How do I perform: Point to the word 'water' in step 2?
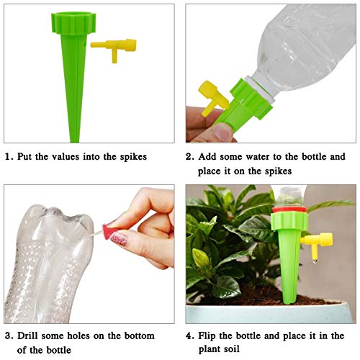pyautogui.click(x=266, y=156)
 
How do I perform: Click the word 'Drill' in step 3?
pyautogui.click(x=32, y=336)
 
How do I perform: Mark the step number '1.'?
pyautogui.click(x=8, y=156)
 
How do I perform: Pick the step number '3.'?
pyautogui.click(x=8, y=336)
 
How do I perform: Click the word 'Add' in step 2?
pyautogui.click(x=210, y=156)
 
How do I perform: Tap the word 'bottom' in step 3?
pyautogui.click(x=153, y=336)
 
